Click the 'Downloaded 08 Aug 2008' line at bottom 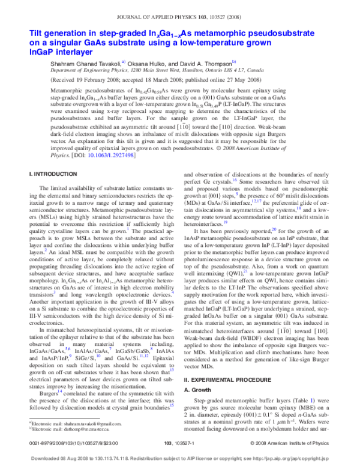[x=180, y=455]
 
